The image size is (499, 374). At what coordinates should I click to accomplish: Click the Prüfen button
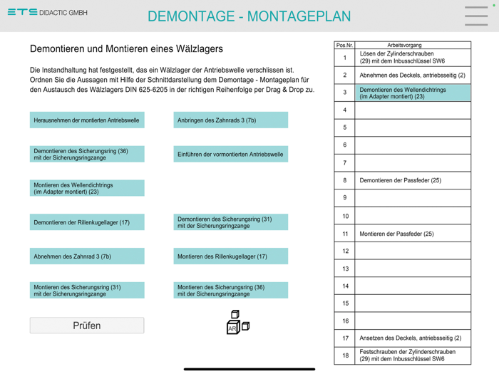[87, 326]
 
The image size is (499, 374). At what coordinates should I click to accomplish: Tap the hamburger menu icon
[476, 16]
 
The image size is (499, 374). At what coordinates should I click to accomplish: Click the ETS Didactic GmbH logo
[47, 12]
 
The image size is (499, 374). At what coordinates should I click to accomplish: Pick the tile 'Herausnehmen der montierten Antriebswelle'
[87, 120]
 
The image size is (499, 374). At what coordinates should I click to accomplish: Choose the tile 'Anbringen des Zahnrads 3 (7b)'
[230, 120]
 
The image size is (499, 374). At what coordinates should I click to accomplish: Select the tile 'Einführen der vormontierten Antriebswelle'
[230, 154]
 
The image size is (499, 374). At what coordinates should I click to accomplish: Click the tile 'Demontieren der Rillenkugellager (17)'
[87, 222]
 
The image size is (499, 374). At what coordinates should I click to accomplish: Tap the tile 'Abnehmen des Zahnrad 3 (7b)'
[87, 256]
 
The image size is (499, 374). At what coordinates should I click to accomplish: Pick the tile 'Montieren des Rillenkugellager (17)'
[230, 256]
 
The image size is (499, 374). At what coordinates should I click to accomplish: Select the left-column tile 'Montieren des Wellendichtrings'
[87, 188]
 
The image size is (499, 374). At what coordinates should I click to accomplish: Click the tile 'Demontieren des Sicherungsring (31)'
[230, 222]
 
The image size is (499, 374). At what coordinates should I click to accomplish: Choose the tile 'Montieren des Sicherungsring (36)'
[230, 290]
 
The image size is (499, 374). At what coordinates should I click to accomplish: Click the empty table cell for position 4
[413, 110]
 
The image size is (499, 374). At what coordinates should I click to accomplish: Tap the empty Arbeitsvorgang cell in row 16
[413, 321]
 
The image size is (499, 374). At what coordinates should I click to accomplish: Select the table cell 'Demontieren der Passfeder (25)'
[413, 180]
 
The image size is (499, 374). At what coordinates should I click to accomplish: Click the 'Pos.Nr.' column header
[344, 45]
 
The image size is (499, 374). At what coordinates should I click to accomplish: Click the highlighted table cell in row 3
[413, 93]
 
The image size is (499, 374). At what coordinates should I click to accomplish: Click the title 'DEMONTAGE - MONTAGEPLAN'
[249, 16]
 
